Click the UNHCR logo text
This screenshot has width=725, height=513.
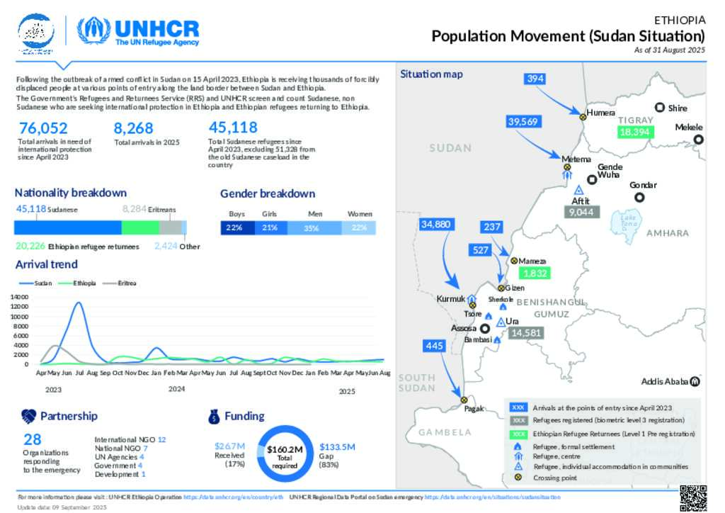[156, 28]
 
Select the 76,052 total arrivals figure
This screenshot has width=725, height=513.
[43, 128]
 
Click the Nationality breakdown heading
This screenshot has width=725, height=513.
[71, 193]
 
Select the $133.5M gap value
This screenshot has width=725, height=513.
[337, 446]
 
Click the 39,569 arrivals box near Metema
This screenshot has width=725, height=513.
[524, 122]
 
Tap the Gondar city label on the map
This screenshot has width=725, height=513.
[643, 185]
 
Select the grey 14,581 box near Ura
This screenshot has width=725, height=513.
[525, 332]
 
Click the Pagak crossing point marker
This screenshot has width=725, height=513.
[464, 399]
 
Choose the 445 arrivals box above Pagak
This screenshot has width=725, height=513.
[434, 346]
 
